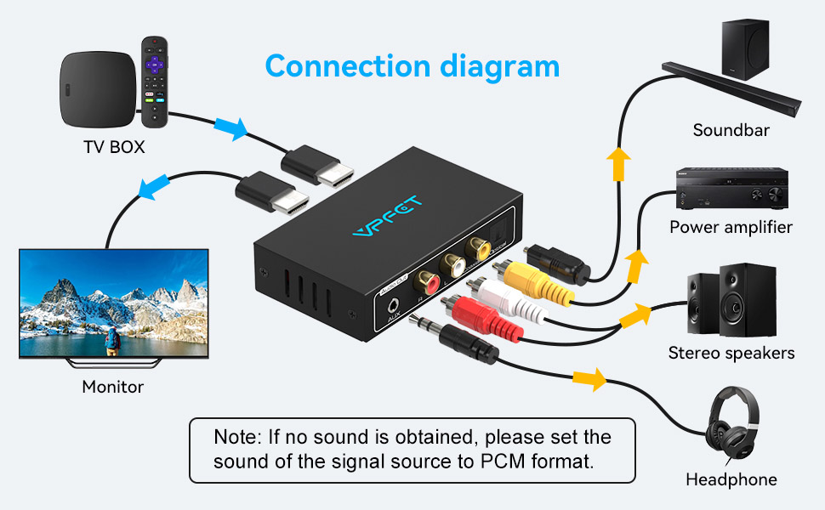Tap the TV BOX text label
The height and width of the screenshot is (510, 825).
coord(114,147)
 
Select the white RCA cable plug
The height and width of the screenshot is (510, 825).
coord(501,302)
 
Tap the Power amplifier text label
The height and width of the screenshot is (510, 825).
coord(731,227)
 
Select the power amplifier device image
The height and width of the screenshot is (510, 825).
coord(731,188)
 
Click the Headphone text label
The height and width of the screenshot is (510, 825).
coord(731,479)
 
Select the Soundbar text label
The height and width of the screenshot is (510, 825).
coord(731,130)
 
